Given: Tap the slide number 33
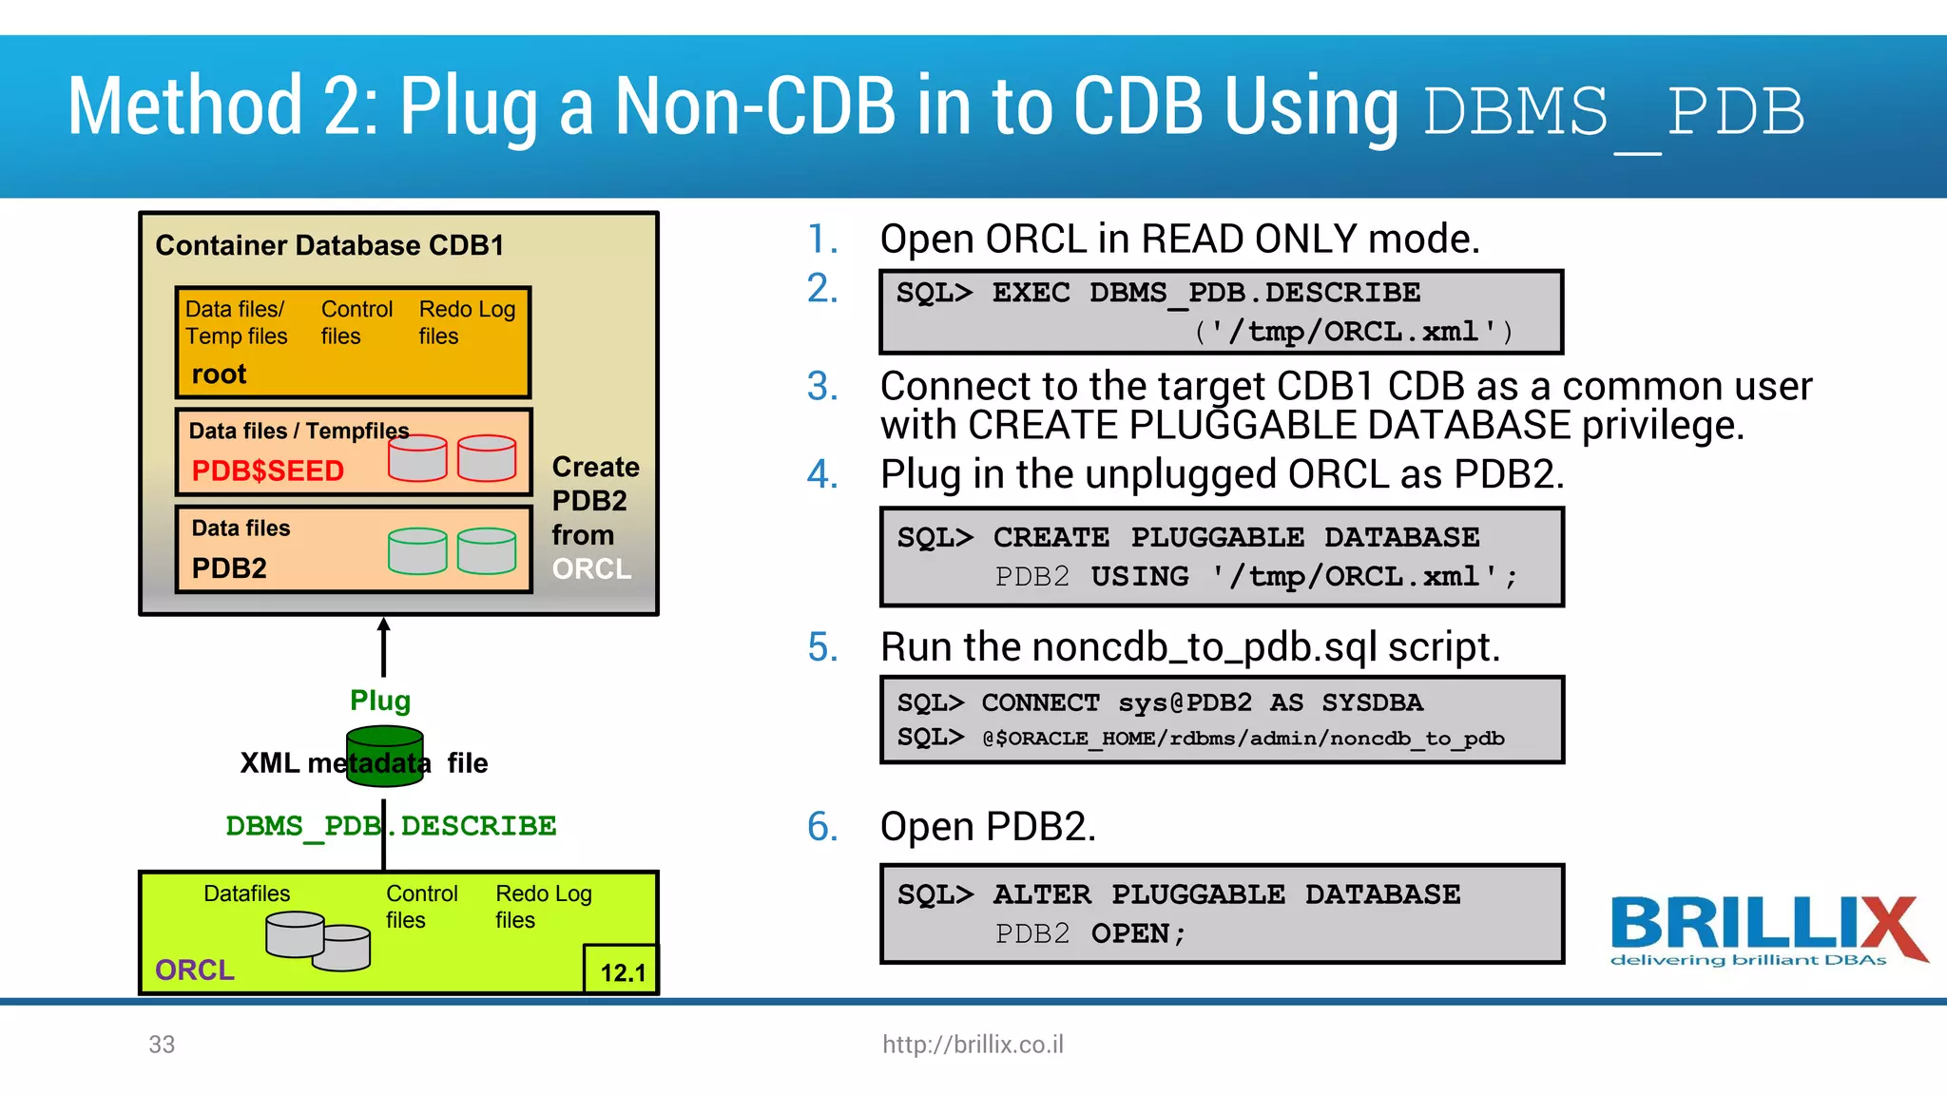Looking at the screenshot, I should [x=162, y=1044].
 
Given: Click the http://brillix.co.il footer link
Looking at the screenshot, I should [x=973, y=1044].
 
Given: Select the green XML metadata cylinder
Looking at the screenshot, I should [x=384, y=756].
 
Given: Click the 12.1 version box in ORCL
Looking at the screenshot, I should [x=622, y=971].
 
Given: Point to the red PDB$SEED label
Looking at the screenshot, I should [x=267, y=471].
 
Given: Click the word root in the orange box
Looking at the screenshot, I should [x=219, y=374].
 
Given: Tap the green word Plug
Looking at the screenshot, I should [x=380, y=701].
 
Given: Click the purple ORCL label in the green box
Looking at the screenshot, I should [x=195, y=970].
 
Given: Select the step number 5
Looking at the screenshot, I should [x=822, y=647].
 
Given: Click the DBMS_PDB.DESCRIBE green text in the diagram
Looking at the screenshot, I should [x=391, y=825].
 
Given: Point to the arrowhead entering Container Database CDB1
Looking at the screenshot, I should [x=384, y=624].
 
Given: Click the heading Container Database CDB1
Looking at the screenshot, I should [x=329, y=245].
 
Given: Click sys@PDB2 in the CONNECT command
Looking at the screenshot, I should [x=1185, y=702].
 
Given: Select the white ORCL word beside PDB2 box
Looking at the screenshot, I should [x=591, y=568].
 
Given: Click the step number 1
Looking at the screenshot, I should [x=822, y=239].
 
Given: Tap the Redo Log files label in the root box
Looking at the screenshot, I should [x=467, y=322].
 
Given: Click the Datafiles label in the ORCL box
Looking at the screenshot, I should [x=246, y=893].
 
